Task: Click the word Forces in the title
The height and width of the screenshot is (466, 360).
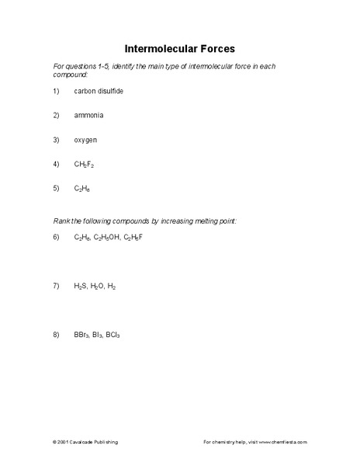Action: tap(215, 47)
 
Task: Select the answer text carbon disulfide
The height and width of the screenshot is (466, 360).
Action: tap(99, 91)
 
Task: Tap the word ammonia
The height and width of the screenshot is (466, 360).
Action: tap(88, 115)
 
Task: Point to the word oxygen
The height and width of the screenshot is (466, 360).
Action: tap(86, 140)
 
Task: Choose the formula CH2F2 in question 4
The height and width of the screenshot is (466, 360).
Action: tap(85, 164)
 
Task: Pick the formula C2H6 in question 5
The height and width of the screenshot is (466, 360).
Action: tap(83, 189)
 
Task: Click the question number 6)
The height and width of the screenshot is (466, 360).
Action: tap(56, 237)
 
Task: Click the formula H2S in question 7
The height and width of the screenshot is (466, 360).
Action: tap(81, 286)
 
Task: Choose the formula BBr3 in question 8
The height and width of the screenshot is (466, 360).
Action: tap(82, 335)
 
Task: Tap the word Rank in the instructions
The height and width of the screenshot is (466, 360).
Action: tap(61, 221)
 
